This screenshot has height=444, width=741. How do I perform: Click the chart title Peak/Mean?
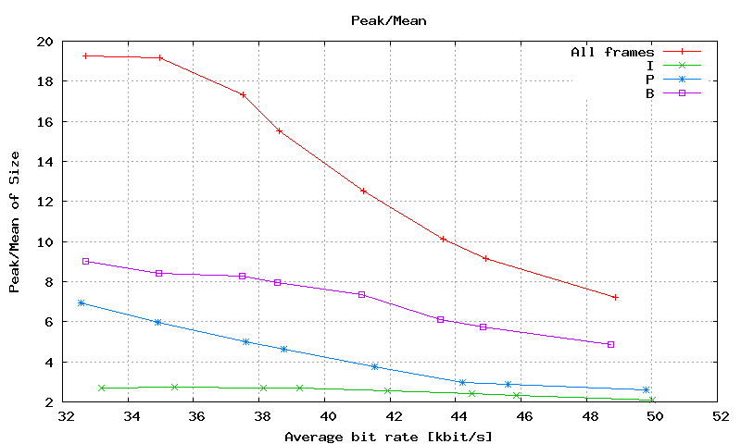pos(388,18)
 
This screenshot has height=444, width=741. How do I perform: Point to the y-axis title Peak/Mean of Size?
pos(15,221)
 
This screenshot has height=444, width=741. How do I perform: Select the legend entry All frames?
pos(612,52)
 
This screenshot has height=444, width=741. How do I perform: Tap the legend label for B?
pos(650,92)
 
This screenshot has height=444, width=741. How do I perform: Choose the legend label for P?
pos(650,79)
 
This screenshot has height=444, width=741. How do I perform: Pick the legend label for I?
pos(650,65)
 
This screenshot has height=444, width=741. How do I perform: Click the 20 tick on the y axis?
pos(45,42)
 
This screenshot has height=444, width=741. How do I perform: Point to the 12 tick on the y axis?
pos(45,202)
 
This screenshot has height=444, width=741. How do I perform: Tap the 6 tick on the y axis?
pos(49,322)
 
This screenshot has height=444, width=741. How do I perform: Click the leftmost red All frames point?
pos(85,55)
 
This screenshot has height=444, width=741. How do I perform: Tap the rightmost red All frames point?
pos(615,297)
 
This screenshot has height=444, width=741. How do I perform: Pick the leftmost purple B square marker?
pos(85,261)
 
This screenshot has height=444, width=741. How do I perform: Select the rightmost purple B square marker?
pos(611,344)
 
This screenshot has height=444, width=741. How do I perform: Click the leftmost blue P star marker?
pos(82,302)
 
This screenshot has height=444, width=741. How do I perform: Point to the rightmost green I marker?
pos(652,400)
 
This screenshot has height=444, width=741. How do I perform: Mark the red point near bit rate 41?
pos(363,191)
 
